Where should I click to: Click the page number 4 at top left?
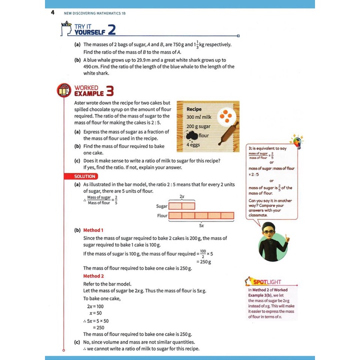click(x=52, y=13)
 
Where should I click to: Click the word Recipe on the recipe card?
click(x=193, y=108)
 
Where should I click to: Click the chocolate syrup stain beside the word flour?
click(x=191, y=135)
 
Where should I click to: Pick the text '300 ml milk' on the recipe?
click(x=198, y=117)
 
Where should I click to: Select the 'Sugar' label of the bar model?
click(x=161, y=206)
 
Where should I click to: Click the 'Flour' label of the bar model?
click(x=161, y=216)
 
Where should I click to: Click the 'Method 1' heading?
click(x=93, y=230)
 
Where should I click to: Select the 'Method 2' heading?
click(x=93, y=276)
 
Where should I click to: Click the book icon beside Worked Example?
click(x=62, y=91)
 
